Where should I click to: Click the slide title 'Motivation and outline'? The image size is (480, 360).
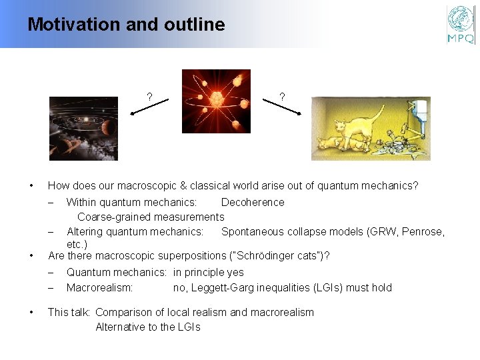(126, 25)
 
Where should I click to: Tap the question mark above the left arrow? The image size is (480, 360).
(149, 97)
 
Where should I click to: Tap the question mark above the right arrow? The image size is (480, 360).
(282, 97)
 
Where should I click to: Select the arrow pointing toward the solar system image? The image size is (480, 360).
(150, 107)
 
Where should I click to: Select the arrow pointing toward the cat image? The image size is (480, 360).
(282, 107)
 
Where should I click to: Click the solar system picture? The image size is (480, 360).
(83, 129)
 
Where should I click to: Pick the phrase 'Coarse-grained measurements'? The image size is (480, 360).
(151, 217)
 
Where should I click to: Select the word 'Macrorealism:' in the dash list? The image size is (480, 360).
(99, 288)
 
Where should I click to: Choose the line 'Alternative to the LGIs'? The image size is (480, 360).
(147, 327)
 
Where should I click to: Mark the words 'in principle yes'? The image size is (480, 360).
(208, 273)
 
